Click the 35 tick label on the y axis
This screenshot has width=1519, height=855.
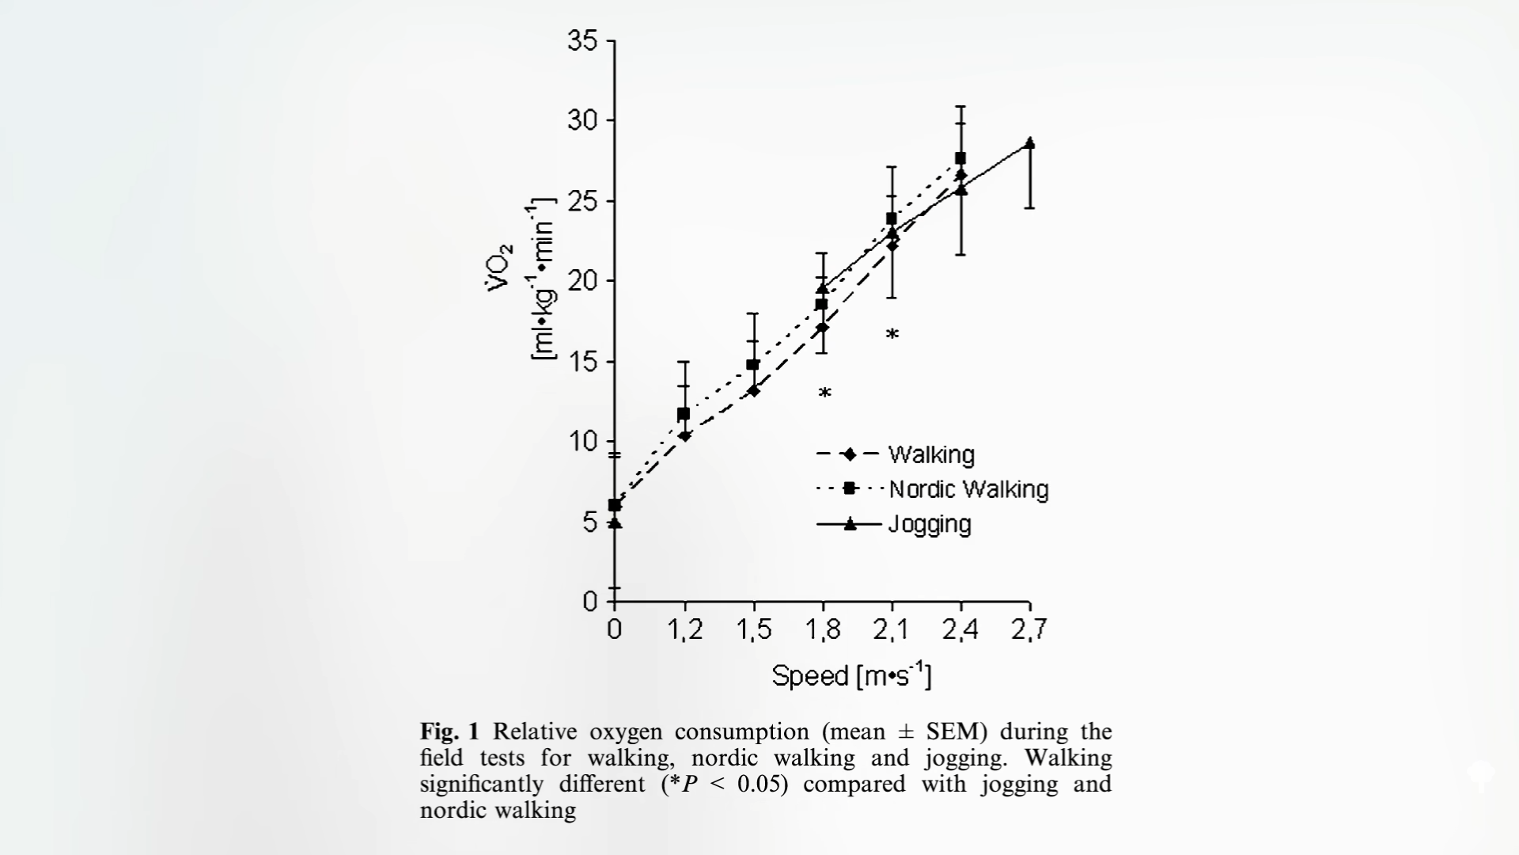click(583, 40)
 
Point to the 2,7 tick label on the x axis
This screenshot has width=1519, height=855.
click(1028, 630)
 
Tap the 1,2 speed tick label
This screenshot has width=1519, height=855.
click(684, 630)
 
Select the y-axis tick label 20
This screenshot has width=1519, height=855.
click(583, 281)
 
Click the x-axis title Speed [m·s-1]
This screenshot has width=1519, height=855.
click(851, 676)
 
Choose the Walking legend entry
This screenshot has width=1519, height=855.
click(931, 455)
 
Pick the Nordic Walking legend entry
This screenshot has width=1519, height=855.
click(968, 489)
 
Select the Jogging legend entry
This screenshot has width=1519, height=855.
click(930, 525)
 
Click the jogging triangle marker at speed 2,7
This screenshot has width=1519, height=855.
click(1029, 143)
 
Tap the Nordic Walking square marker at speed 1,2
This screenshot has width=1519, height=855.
click(684, 414)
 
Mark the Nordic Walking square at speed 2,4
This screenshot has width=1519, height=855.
click(960, 158)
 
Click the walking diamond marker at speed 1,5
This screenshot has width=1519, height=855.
click(753, 390)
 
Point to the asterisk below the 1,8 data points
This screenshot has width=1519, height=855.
click(824, 393)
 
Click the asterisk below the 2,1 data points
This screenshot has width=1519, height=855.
click(892, 334)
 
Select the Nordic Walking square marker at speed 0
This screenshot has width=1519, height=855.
click(615, 505)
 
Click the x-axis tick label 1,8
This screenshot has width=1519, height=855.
click(823, 630)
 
